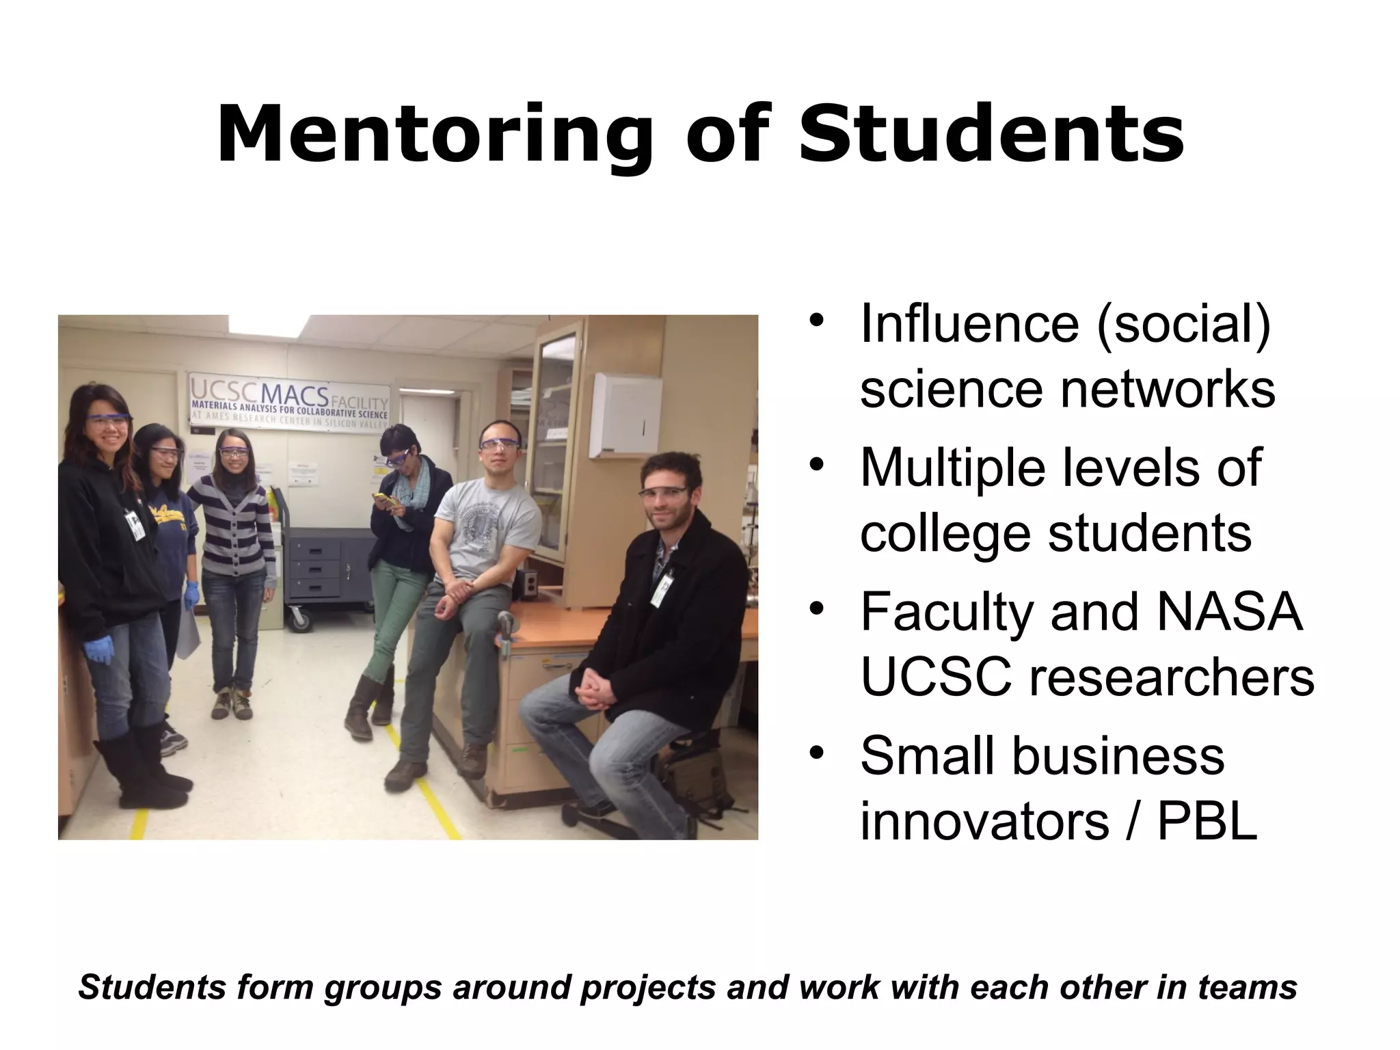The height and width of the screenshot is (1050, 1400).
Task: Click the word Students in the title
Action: coord(991,135)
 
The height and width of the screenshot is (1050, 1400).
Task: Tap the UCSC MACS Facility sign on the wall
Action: coord(289,401)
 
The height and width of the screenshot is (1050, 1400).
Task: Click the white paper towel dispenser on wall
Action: coord(626,414)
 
